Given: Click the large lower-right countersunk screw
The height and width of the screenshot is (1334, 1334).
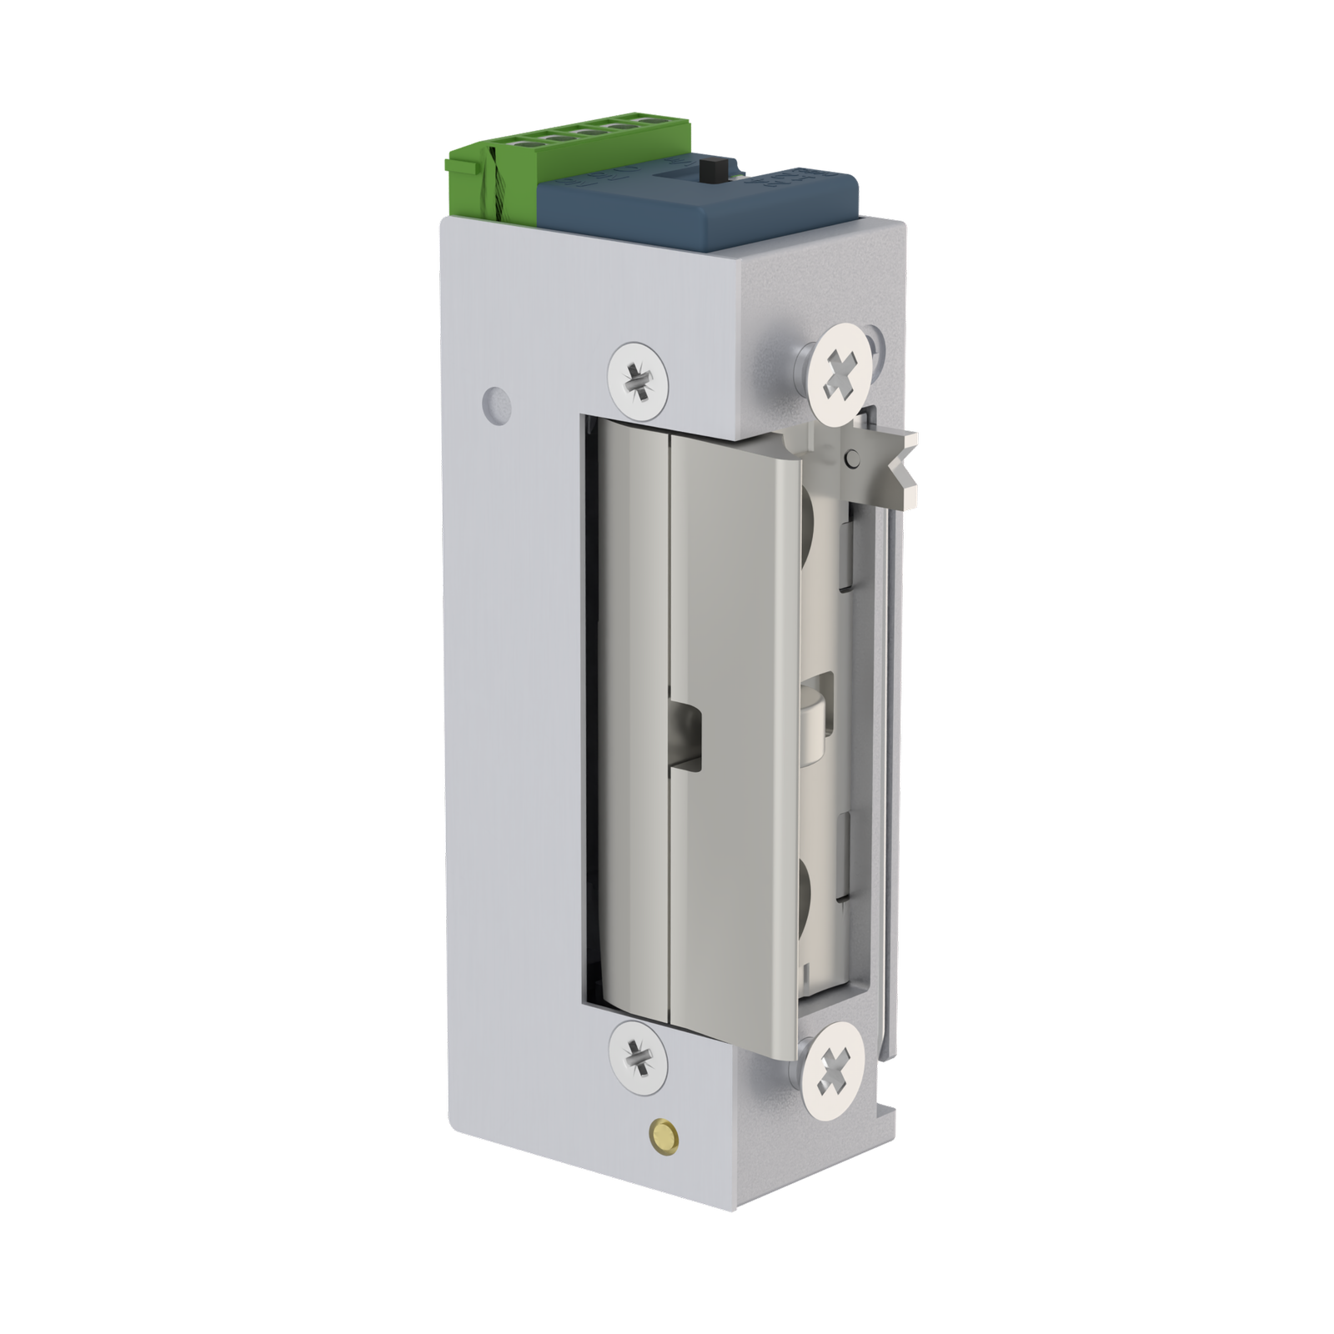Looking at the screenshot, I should tap(840, 1068).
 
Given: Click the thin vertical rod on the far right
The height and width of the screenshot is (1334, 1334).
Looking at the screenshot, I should tap(892, 750).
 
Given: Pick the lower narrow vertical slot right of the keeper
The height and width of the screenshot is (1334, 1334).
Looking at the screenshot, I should tap(845, 859).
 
